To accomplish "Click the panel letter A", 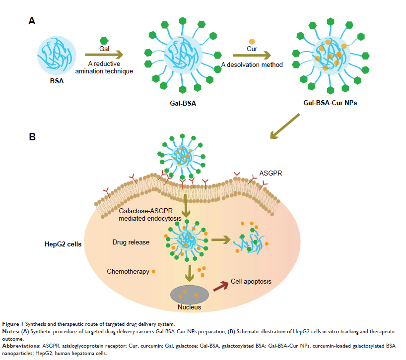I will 32,21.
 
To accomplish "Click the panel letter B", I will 32,136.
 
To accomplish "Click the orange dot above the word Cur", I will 252,41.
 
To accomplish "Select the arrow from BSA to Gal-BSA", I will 103,56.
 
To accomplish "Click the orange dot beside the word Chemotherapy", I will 153,272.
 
